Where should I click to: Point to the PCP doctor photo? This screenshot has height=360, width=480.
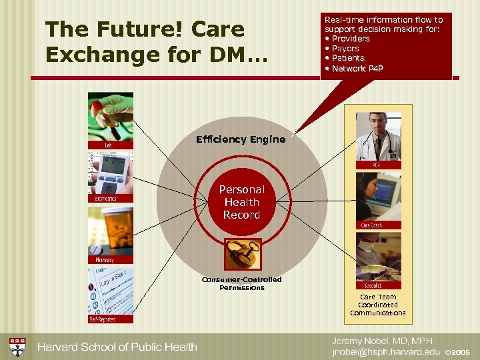point(378,137)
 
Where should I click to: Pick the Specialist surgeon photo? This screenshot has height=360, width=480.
point(378,256)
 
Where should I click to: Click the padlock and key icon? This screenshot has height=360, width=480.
point(241,254)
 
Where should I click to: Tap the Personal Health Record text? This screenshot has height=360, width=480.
point(241,202)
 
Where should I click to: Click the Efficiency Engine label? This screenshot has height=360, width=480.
point(241,139)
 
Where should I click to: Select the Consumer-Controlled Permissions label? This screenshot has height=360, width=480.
point(242,283)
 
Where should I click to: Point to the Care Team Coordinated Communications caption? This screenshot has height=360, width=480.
point(378,305)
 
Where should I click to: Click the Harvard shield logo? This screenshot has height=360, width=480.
point(18,347)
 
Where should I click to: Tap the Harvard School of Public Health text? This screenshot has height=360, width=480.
point(117,347)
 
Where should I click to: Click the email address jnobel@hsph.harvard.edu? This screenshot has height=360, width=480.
point(386,351)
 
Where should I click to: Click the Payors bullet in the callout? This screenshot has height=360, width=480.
point(345,49)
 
